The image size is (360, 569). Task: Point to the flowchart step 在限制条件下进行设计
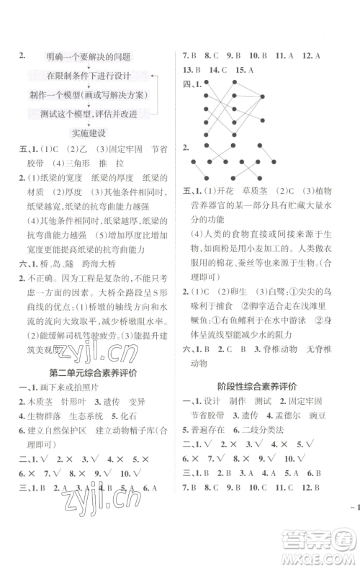tap(91, 76)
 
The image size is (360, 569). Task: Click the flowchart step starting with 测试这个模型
tap(89, 114)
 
